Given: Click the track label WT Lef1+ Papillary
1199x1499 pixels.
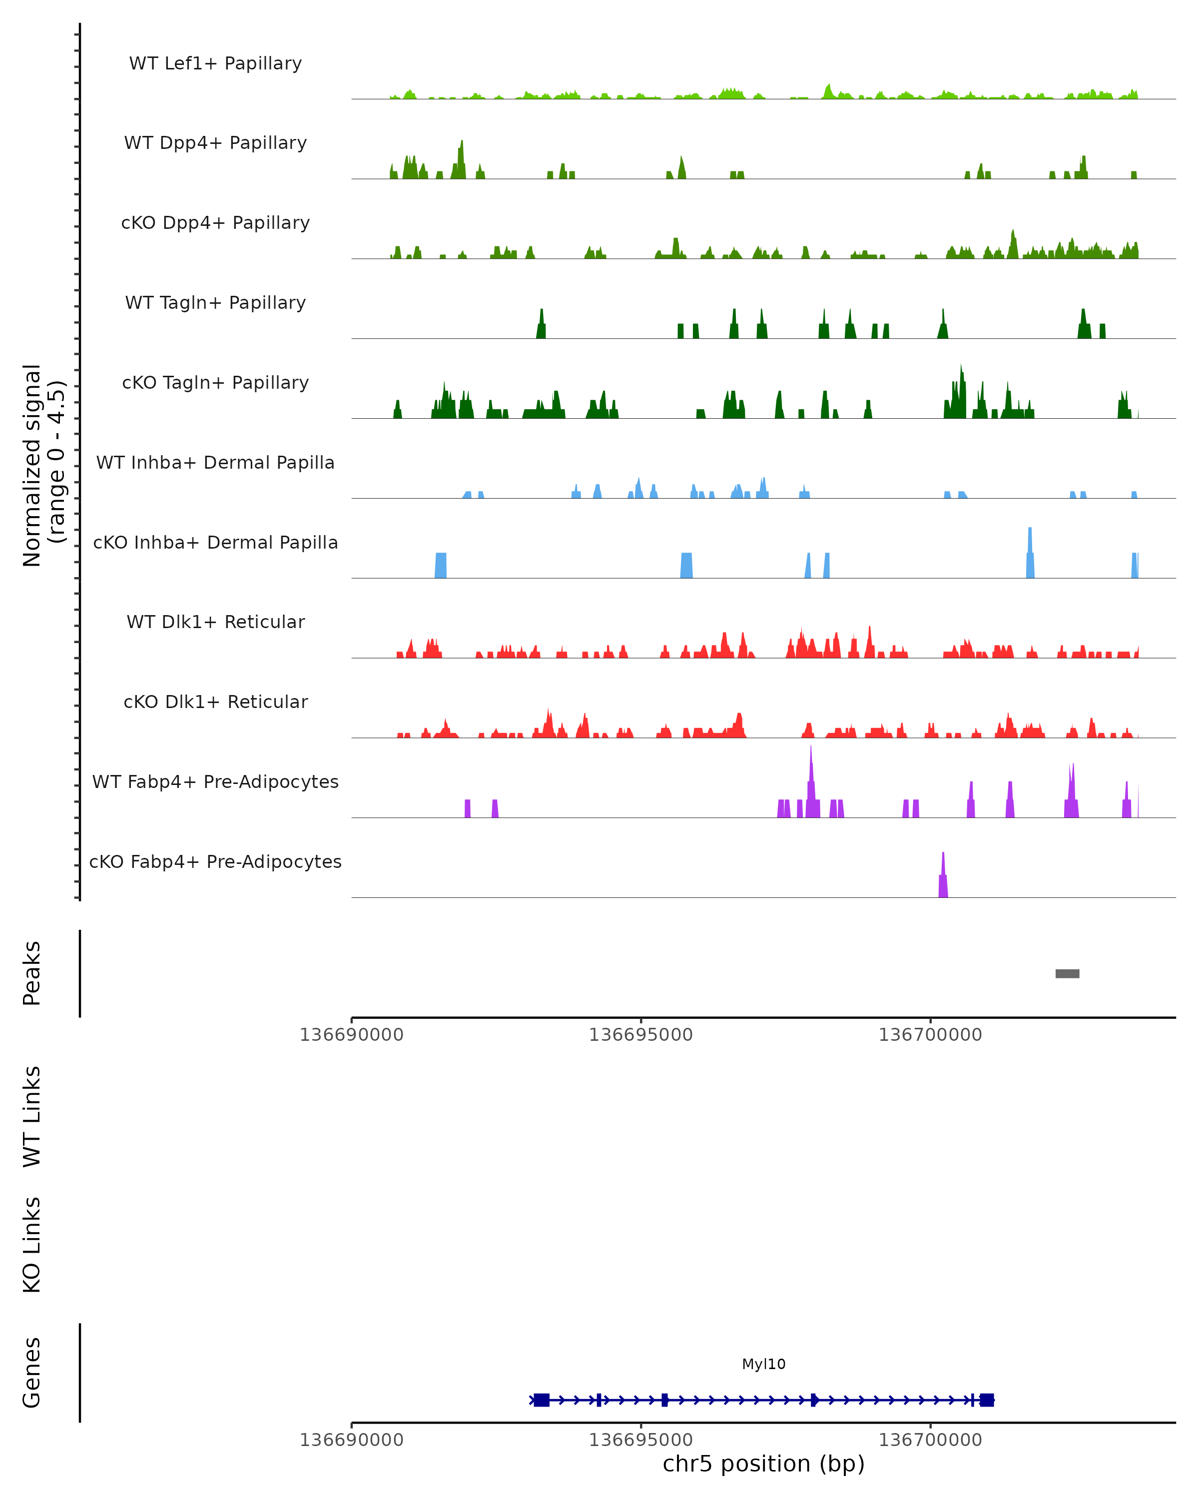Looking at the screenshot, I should pyautogui.click(x=215, y=63).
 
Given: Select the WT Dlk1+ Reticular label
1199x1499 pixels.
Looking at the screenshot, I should pyautogui.click(x=215, y=622).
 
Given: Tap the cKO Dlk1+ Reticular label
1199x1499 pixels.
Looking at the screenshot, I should pyautogui.click(x=215, y=702).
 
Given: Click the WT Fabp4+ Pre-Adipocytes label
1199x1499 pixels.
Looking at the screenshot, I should pyautogui.click(x=215, y=781).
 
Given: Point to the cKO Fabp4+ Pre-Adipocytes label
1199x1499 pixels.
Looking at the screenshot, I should pyautogui.click(x=215, y=861).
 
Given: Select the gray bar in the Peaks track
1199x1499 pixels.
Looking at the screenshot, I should pyautogui.click(x=1067, y=973).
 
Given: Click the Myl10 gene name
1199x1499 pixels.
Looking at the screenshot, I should pyautogui.click(x=764, y=1364).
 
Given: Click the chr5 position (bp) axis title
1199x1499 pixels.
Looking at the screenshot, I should pyautogui.click(x=764, y=1464).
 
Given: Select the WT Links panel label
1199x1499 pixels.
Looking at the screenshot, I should pyautogui.click(x=32, y=1116).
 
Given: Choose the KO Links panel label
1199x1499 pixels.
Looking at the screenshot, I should pyautogui.click(x=32, y=1245).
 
